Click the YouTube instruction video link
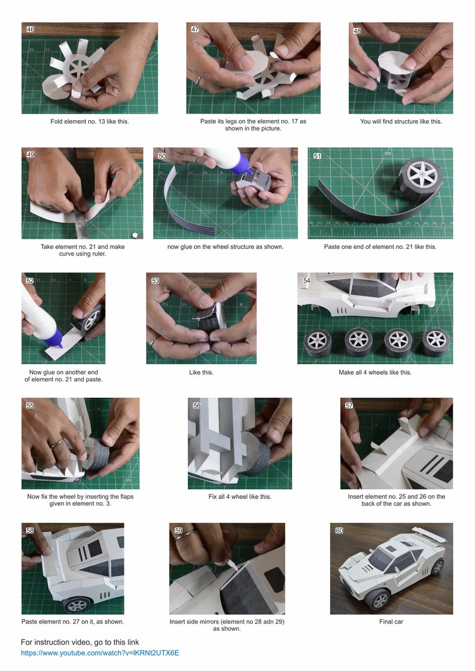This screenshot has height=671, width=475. click(100, 652)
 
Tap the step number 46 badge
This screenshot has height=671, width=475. click(31, 29)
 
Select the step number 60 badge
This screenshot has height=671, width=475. click(339, 530)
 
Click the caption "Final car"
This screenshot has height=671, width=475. click(391, 621)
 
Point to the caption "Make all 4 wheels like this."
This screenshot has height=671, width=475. click(375, 373)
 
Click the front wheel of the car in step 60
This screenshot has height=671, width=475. click(379, 598)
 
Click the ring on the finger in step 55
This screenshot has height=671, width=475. click(56, 443)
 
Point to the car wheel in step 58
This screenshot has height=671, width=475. click(77, 604)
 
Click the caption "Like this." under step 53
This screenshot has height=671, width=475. click(201, 373)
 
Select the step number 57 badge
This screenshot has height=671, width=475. click(349, 405)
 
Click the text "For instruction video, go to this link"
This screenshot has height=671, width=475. click(80, 642)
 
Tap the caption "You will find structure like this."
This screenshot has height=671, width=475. click(401, 121)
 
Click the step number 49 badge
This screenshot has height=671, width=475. click(31, 154)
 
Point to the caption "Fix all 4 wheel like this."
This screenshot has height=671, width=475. click(239, 496)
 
